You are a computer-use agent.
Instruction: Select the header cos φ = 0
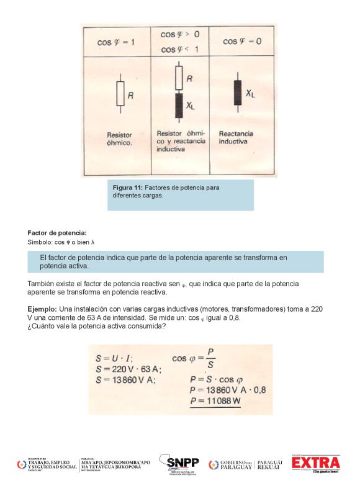click(241, 42)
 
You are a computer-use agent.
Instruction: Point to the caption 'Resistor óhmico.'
click(119, 138)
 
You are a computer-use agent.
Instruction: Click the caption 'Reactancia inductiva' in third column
click(236, 137)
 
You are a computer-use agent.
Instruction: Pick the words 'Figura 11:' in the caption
click(128, 187)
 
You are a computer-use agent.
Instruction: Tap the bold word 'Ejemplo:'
click(42, 309)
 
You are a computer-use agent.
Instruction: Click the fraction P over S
click(210, 358)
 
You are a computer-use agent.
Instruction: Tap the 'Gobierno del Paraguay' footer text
click(236, 464)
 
